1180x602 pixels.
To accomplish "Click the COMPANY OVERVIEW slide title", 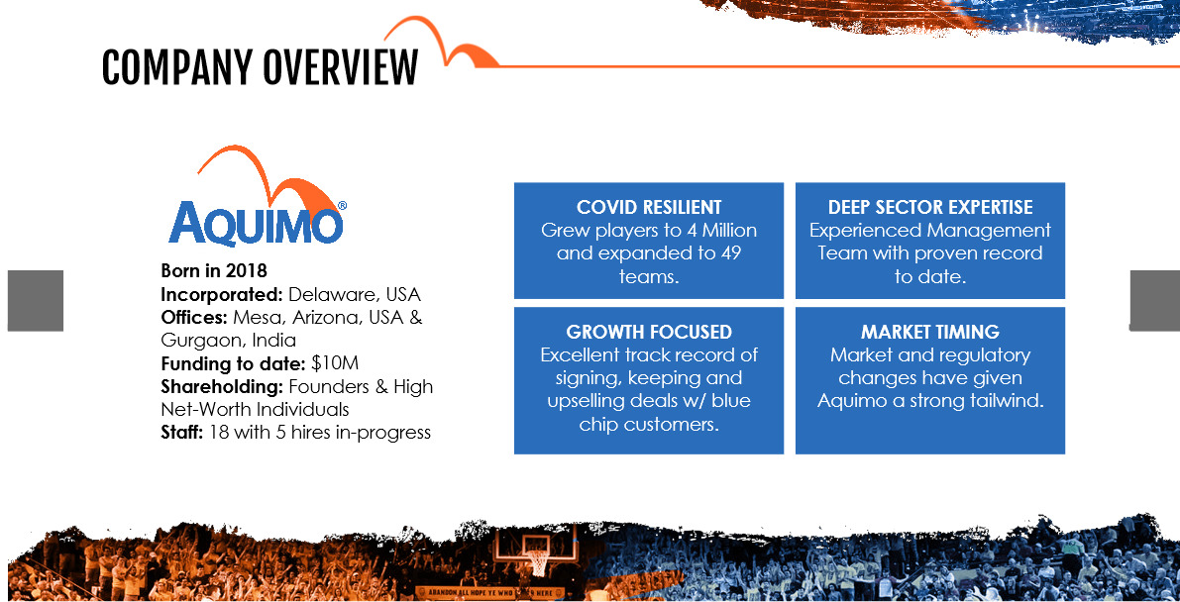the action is click(260, 67).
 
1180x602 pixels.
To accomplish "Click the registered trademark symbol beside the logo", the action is click(343, 205).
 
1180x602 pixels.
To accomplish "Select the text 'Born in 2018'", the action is click(214, 270).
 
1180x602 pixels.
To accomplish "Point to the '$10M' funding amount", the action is click(335, 363).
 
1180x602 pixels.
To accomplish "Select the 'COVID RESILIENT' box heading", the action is click(649, 207).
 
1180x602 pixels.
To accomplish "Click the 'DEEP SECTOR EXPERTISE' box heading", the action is click(930, 207).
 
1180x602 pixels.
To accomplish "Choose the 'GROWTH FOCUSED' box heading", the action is click(649, 332).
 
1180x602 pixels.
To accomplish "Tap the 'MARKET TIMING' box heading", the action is click(930, 332).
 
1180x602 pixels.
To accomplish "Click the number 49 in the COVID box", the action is click(729, 252).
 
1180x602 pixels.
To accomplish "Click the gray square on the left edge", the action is click(36, 300).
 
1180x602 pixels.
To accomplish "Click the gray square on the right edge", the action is click(1155, 300).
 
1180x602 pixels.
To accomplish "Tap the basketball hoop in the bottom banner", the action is click(536, 555).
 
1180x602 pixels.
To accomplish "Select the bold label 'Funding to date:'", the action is click(234, 363).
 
